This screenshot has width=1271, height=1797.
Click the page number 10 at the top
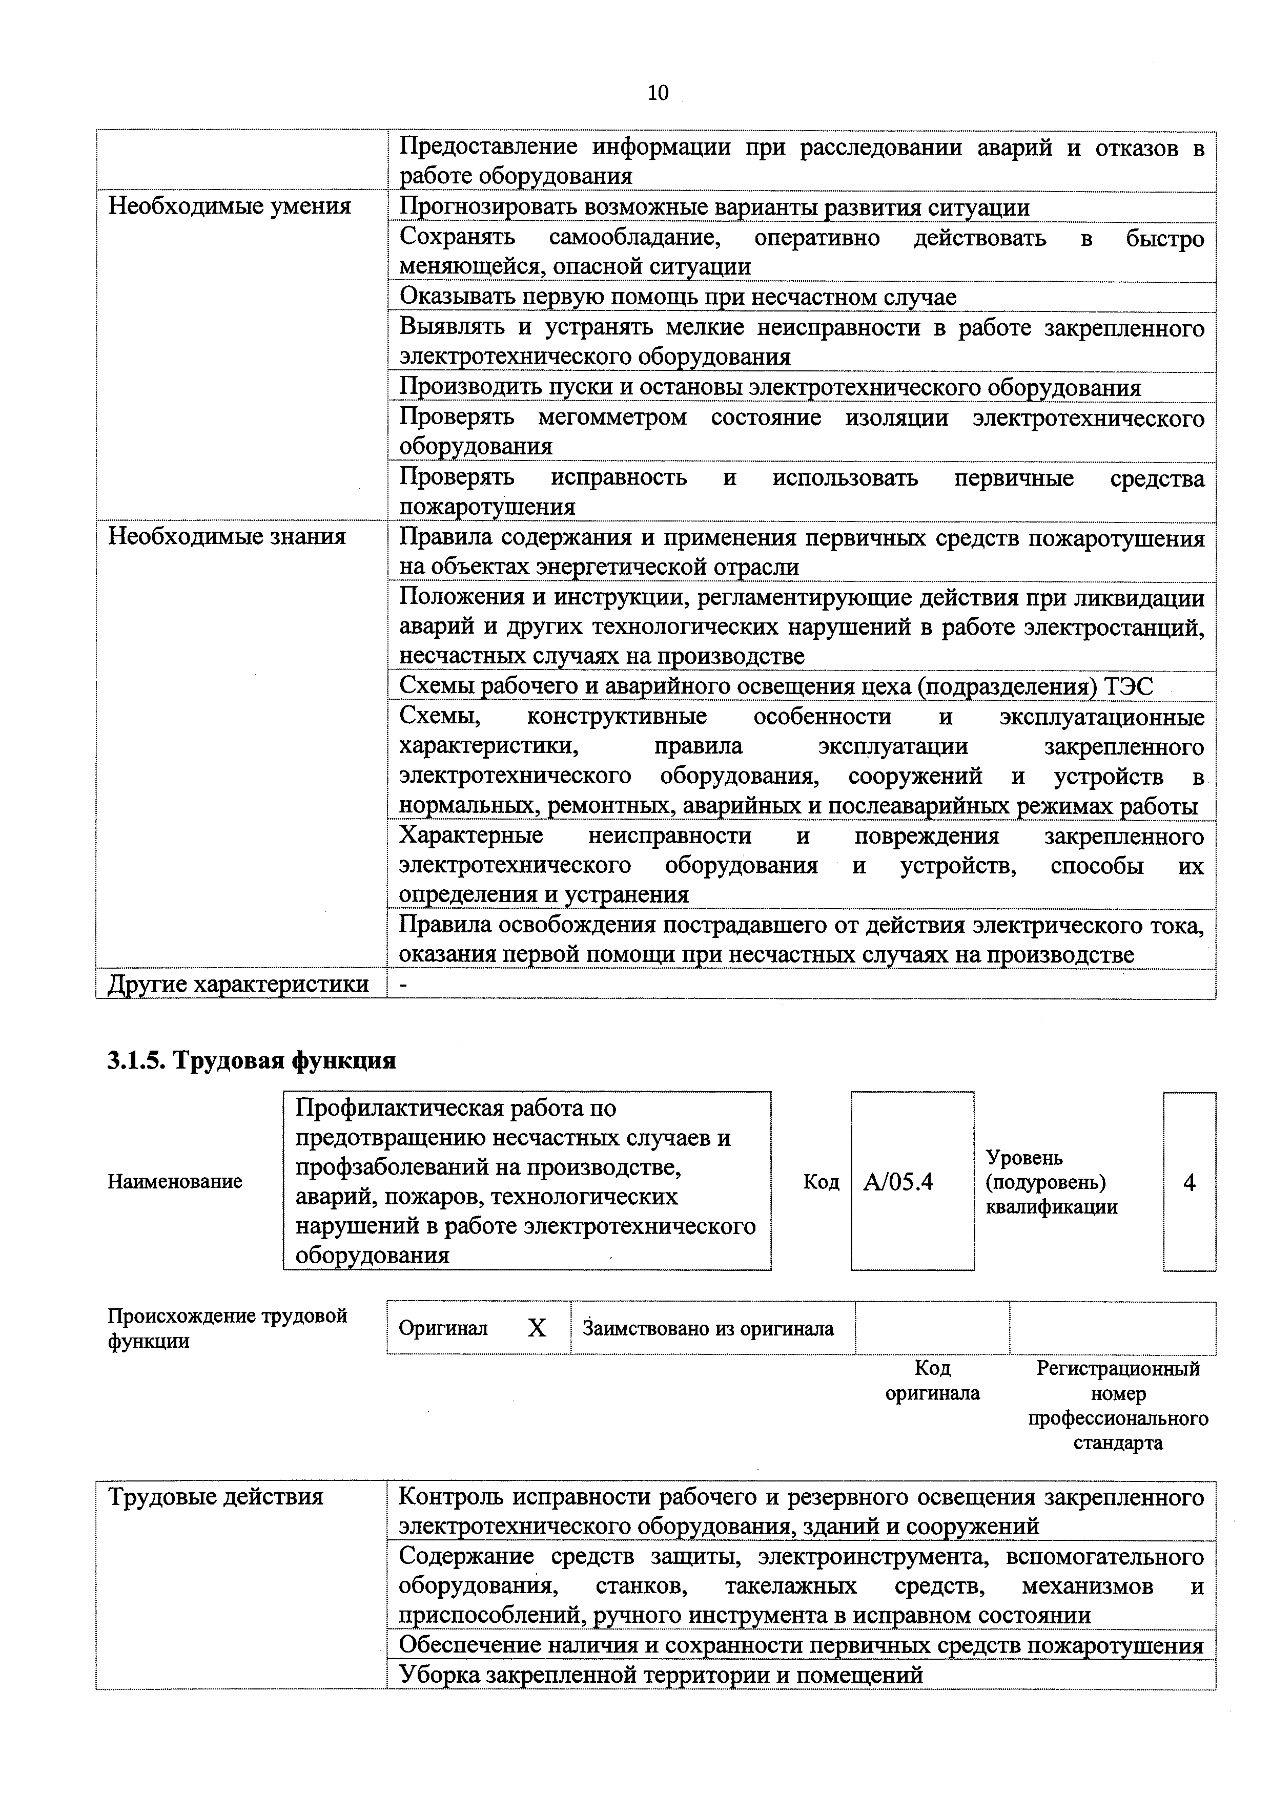(x=658, y=93)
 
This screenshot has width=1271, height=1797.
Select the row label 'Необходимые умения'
(x=230, y=206)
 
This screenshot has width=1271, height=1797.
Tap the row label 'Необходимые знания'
(x=227, y=537)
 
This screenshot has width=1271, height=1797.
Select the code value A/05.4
(x=898, y=1182)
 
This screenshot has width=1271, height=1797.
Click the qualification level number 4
(x=1189, y=1182)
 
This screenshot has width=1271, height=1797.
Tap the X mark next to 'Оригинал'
(x=537, y=1328)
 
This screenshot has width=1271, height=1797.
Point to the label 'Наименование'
(x=175, y=1181)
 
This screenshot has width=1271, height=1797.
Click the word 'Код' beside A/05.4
(x=821, y=1182)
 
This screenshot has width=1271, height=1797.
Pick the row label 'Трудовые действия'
(x=215, y=1497)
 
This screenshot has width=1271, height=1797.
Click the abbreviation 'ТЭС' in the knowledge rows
(x=1127, y=686)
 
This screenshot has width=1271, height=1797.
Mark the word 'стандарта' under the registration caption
(x=1118, y=1443)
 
